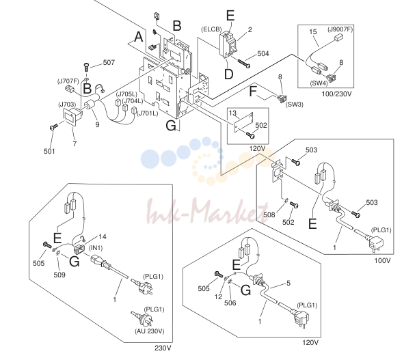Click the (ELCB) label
[x=211, y=29]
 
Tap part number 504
[x=263, y=54]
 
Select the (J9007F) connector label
[x=340, y=29]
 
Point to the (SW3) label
[x=295, y=105]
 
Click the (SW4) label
[x=319, y=83]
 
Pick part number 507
[x=109, y=62]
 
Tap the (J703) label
[x=67, y=105]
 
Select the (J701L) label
[x=148, y=113]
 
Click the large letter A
[x=138, y=37]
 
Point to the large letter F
[x=253, y=92]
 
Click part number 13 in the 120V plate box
[x=232, y=113]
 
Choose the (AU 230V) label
[x=150, y=331]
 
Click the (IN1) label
[x=96, y=248]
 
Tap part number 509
[x=59, y=275]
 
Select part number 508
[x=269, y=214]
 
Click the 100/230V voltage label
[x=336, y=94]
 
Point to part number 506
[x=230, y=303]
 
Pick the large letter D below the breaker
[x=228, y=74]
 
